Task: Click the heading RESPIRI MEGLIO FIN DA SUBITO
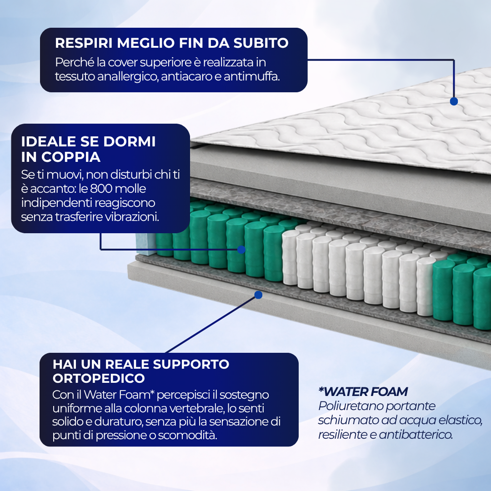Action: (171, 43)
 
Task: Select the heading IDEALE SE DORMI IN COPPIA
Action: (88, 149)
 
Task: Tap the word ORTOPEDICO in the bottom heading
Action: (99, 378)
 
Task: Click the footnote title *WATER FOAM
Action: (363, 392)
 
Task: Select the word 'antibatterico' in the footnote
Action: (416, 434)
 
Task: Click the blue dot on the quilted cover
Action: (454, 101)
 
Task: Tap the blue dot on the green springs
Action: (241, 250)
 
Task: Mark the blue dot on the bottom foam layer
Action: (258, 295)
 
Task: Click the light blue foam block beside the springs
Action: (146, 243)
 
